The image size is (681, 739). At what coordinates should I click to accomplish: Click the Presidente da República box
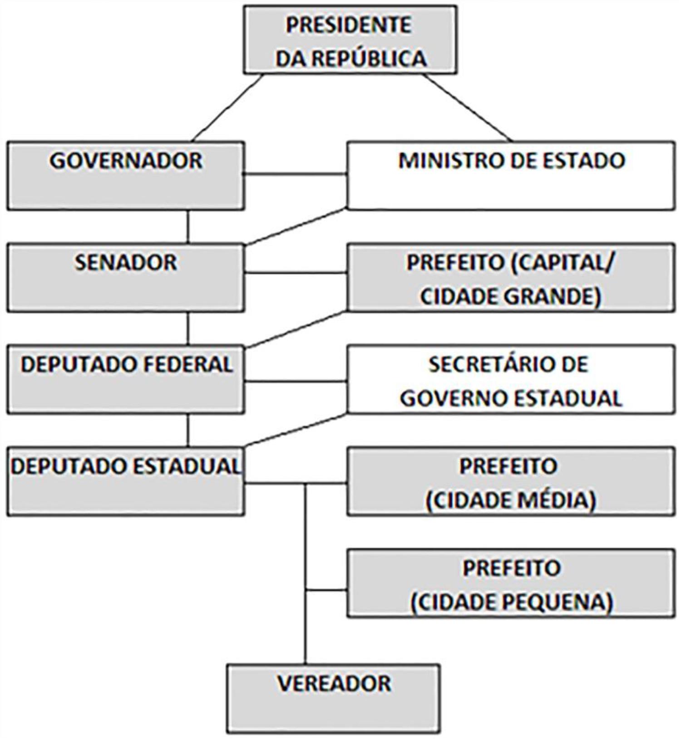tap(350, 40)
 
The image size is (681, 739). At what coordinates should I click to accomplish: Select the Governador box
tap(126, 176)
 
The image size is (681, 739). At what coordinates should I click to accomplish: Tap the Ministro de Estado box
tap(511, 176)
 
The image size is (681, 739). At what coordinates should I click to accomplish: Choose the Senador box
tap(126, 278)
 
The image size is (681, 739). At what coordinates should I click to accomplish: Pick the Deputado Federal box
tap(126, 380)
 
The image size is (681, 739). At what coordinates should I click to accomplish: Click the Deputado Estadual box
tap(126, 482)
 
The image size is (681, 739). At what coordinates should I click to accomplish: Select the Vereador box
tap(334, 699)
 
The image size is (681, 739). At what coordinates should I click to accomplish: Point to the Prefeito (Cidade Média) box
tap(511, 482)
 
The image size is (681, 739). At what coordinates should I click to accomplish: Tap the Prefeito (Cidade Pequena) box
tap(511, 584)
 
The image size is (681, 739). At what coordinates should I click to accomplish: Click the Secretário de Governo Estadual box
tap(511, 380)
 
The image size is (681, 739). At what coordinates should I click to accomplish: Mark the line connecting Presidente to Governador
tap(227, 108)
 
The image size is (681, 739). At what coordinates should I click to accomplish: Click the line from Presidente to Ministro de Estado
tap(468, 108)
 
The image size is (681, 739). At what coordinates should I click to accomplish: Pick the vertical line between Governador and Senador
tap(188, 227)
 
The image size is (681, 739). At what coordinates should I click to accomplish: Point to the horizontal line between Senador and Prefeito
tap(296, 273)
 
